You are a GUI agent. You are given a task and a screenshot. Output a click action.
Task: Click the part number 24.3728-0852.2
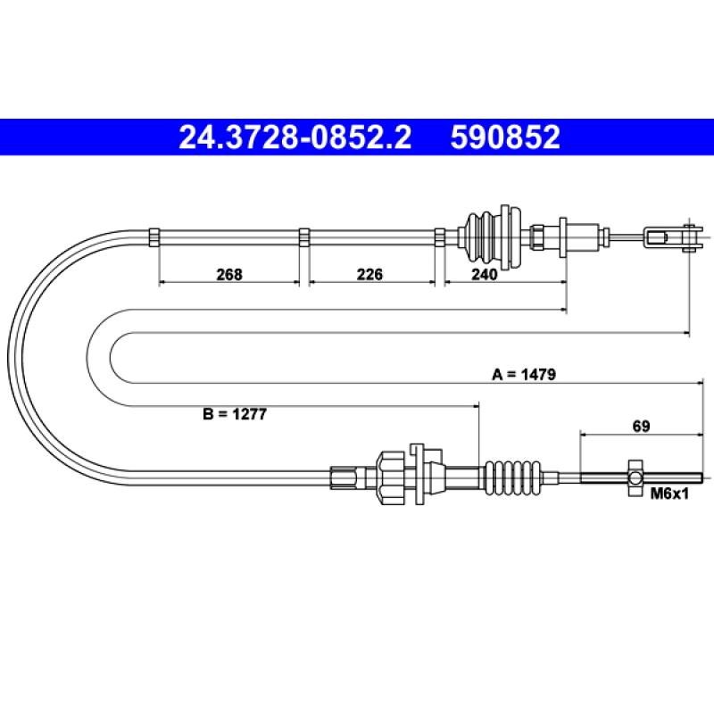[295, 137]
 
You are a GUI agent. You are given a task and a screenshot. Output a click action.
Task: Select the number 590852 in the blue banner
[505, 137]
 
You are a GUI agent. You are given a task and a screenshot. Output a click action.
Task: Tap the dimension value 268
[229, 275]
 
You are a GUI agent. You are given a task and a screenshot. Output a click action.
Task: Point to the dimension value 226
[369, 275]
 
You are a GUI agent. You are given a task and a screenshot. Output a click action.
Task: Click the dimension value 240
[484, 275]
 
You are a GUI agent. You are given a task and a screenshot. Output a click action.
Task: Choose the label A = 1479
[524, 374]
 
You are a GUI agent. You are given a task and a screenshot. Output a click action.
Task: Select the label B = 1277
[235, 414]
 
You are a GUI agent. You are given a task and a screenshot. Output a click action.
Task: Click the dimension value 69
[641, 427]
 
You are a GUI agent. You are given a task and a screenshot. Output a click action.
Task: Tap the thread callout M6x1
[669, 494]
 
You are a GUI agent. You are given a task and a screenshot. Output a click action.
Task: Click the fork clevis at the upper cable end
[672, 237]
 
